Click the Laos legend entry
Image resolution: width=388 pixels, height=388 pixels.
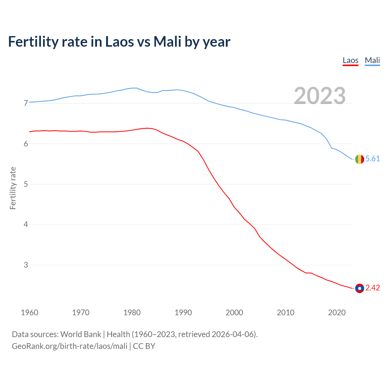[350, 60]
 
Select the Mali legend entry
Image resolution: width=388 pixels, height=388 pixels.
[372, 60]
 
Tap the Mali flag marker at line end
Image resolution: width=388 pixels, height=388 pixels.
[360, 159]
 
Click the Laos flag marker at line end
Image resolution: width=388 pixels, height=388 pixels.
[360, 288]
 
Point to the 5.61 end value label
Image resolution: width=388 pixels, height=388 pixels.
[373, 159]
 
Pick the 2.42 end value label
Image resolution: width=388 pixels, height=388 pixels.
[373, 288]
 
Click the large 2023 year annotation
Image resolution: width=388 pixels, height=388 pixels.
[319, 96]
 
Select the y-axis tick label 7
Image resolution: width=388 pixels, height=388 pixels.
[26, 103]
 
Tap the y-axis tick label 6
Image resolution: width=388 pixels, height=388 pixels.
[26, 144]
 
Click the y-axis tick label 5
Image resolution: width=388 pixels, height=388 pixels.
[26, 184]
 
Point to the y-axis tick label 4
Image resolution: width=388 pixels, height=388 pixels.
[26, 225]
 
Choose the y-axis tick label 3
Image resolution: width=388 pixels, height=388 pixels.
[26, 265]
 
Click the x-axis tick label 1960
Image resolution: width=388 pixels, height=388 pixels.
[29, 313]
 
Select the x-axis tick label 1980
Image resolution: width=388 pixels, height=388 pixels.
[132, 313]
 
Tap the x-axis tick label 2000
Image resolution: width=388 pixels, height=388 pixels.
[234, 313]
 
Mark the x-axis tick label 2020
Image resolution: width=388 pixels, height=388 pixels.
[337, 313]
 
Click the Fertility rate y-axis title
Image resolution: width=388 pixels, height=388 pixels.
[13, 188]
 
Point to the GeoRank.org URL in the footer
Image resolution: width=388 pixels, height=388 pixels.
[69, 346]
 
